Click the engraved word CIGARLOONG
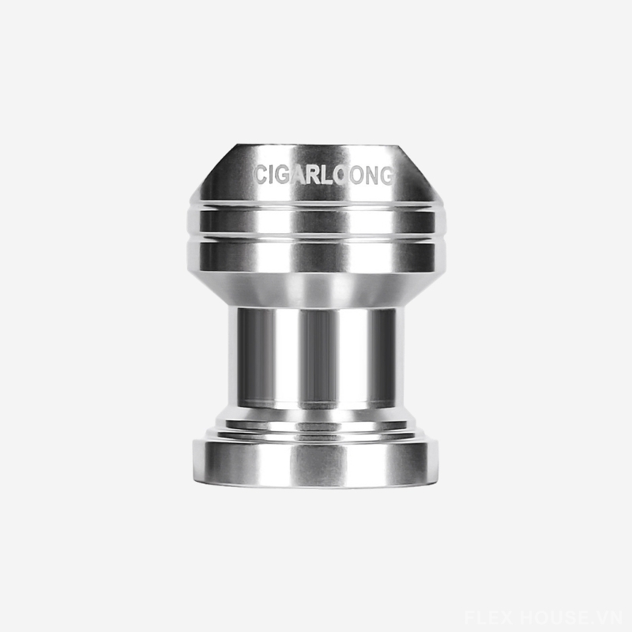(x=324, y=175)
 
